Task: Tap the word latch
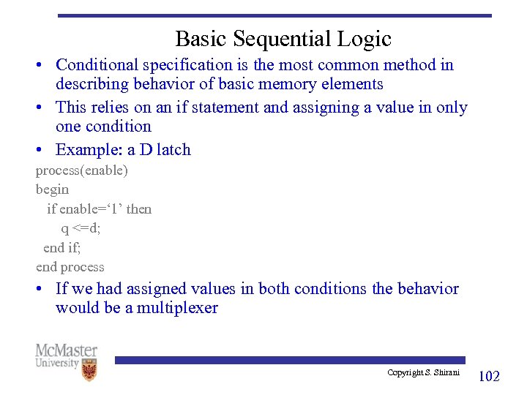tap(173, 150)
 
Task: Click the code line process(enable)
tap(81, 170)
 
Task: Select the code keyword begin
tap(53, 189)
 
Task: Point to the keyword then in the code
tap(139, 209)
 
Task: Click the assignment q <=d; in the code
tap(81, 228)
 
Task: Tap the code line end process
tap(70, 267)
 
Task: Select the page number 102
tap(488, 376)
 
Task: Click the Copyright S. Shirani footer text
tap(423, 373)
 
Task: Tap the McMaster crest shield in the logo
tap(89, 369)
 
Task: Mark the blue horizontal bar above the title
tap(274, 15)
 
